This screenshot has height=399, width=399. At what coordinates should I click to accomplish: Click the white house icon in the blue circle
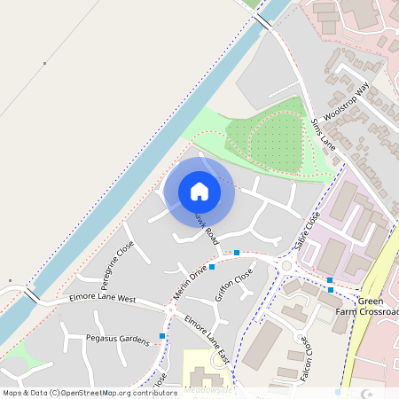[x=199, y=192]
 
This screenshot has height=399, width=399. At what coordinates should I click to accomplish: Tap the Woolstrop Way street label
[x=346, y=105]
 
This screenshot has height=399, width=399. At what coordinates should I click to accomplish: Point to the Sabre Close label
[x=307, y=230]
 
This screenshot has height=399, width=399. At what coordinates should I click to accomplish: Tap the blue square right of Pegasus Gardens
[x=162, y=335]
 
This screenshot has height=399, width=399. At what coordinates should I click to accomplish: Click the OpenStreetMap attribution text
[x=90, y=392]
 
